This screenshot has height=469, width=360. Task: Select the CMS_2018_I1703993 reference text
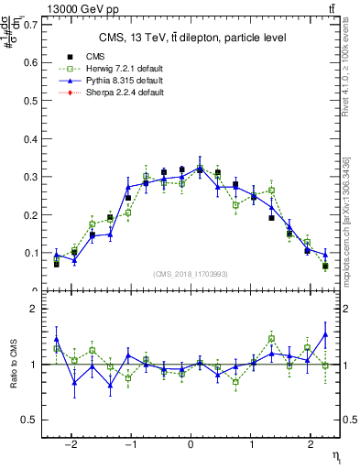(190, 274)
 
